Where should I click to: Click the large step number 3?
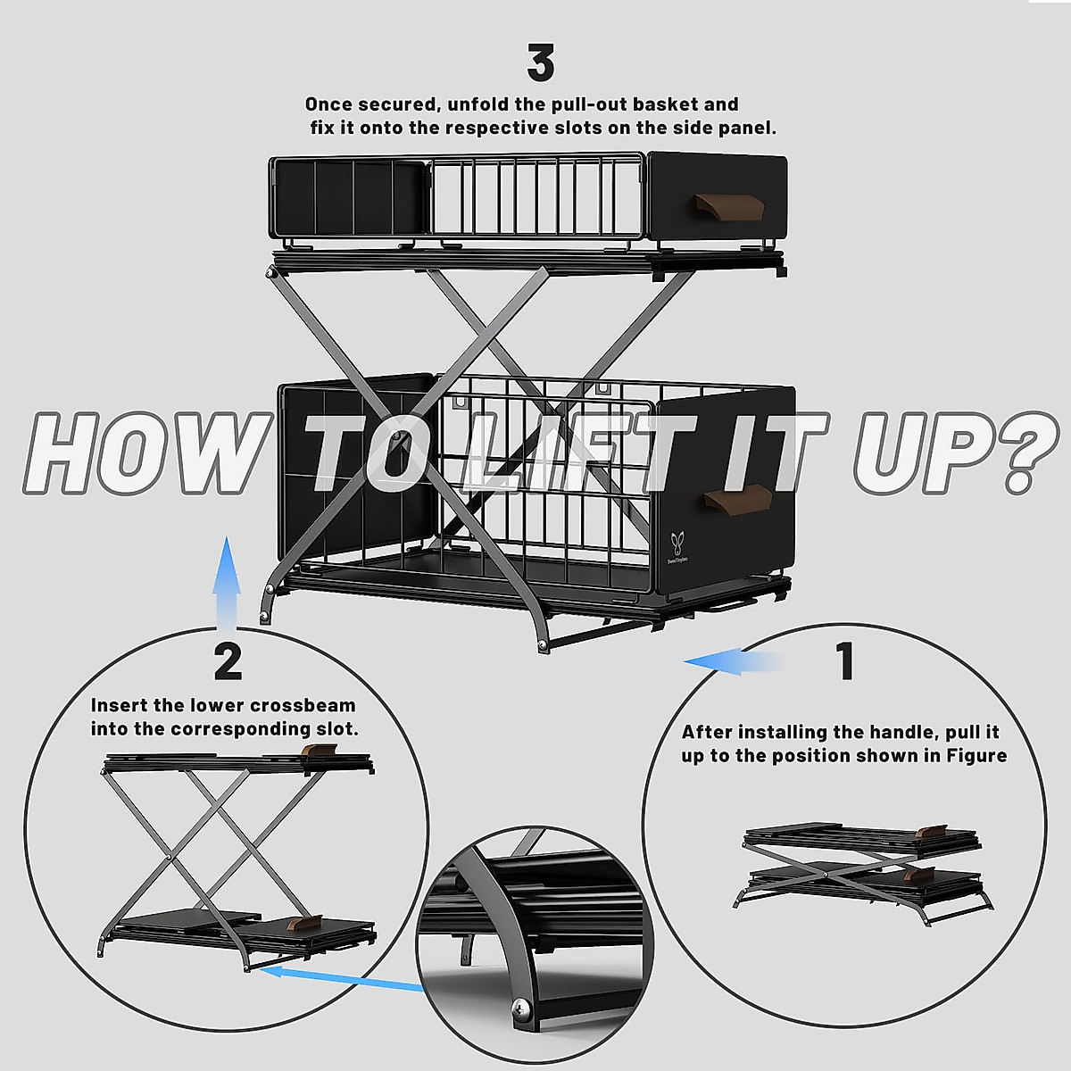(x=541, y=63)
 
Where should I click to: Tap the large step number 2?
(x=228, y=661)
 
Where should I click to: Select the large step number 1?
(x=844, y=661)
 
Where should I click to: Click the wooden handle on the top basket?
(x=728, y=204)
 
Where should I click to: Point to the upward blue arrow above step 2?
(x=228, y=580)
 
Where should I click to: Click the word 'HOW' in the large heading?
(x=143, y=453)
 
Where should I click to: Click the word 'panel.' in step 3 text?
(x=747, y=128)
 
